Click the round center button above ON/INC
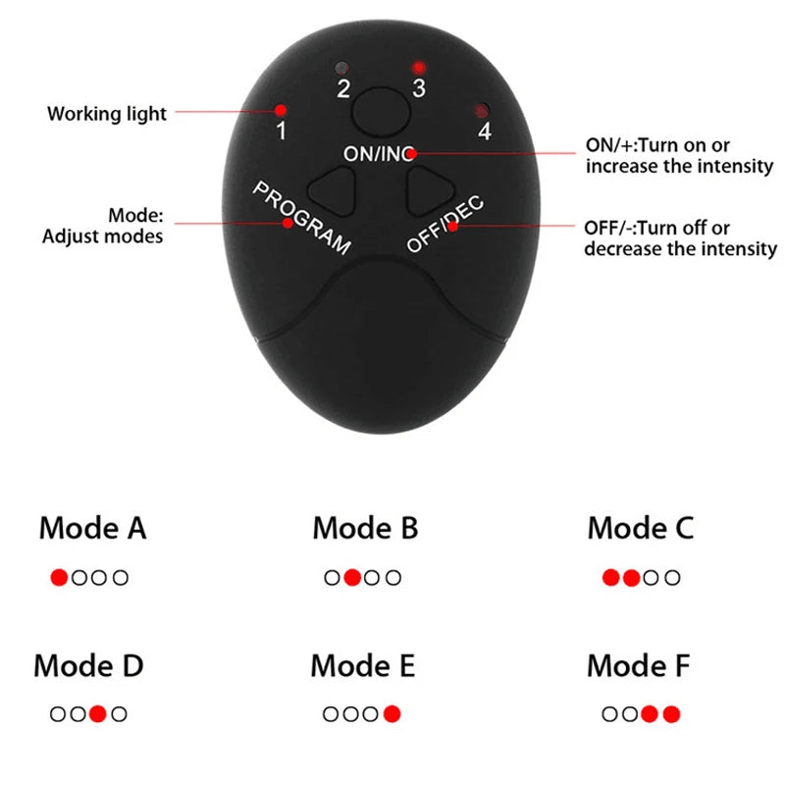click(382, 113)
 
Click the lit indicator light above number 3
click(419, 67)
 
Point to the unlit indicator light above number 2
click(342, 68)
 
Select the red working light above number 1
click(281, 110)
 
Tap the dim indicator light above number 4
click(482, 110)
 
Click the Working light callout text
click(107, 114)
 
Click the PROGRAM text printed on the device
click(302, 218)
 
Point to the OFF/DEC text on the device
click(445, 224)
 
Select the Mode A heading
click(92, 528)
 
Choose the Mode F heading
click(639, 666)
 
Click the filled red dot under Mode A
click(59, 577)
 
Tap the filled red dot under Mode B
click(352, 577)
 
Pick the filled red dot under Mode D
click(98, 713)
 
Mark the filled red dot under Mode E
click(392, 713)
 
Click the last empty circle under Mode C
click(672, 578)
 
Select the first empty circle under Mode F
click(609, 714)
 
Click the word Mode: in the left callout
click(135, 215)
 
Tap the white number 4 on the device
click(485, 131)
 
